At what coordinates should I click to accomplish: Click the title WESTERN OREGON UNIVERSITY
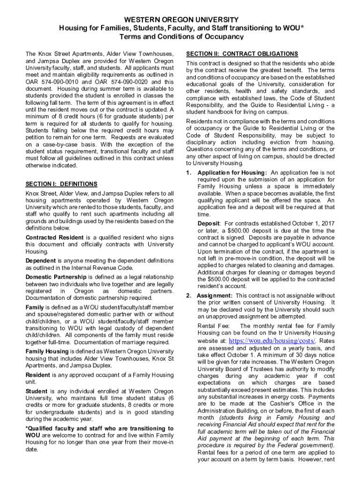pos(180,20)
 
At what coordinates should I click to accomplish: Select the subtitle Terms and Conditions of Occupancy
pos(180,36)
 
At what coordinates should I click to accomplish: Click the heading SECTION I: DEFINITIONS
pos(61,184)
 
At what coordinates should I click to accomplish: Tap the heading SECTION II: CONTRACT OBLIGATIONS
pos(242,54)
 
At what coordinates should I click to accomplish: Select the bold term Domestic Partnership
pos(56,277)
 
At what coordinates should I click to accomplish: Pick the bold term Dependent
pos(40,261)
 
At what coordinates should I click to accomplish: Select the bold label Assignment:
pos(215,296)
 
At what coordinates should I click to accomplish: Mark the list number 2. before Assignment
pos(189,296)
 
